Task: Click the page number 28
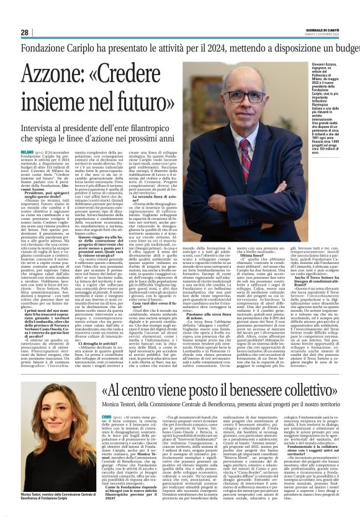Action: (24, 32)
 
